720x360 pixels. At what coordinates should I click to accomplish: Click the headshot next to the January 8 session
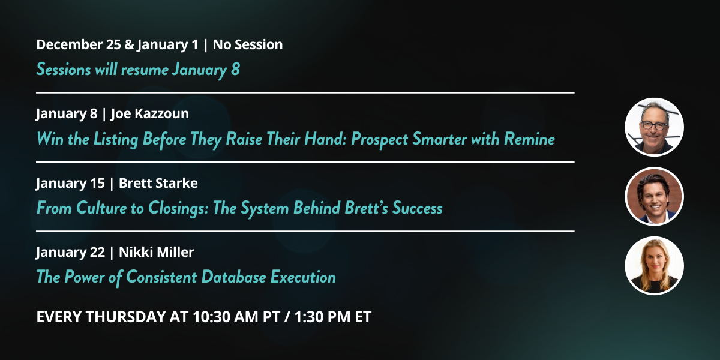(655, 127)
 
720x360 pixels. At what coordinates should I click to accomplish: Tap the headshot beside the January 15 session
(655, 196)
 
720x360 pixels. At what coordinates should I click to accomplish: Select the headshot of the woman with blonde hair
(655, 266)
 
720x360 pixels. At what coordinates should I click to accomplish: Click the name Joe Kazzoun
(150, 114)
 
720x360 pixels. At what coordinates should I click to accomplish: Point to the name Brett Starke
(158, 183)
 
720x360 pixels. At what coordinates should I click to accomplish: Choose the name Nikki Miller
(157, 252)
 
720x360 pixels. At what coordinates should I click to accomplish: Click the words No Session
(248, 44)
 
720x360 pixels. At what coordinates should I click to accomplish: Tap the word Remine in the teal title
(529, 139)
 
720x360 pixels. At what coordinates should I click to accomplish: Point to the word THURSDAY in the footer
(125, 317)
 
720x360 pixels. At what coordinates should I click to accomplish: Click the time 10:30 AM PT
(236, 317)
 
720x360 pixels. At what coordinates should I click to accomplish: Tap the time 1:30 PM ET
(332, 317)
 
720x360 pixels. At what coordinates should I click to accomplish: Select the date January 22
(70, 253)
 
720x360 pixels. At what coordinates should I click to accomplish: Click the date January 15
(70, 184)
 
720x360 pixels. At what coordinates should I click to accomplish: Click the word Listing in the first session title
(116, 139)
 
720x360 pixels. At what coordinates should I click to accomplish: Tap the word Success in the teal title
(417, 208)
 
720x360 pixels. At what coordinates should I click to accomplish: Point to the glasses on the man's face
(654, 125)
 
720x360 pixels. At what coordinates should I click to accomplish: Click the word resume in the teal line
(145, 70)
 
